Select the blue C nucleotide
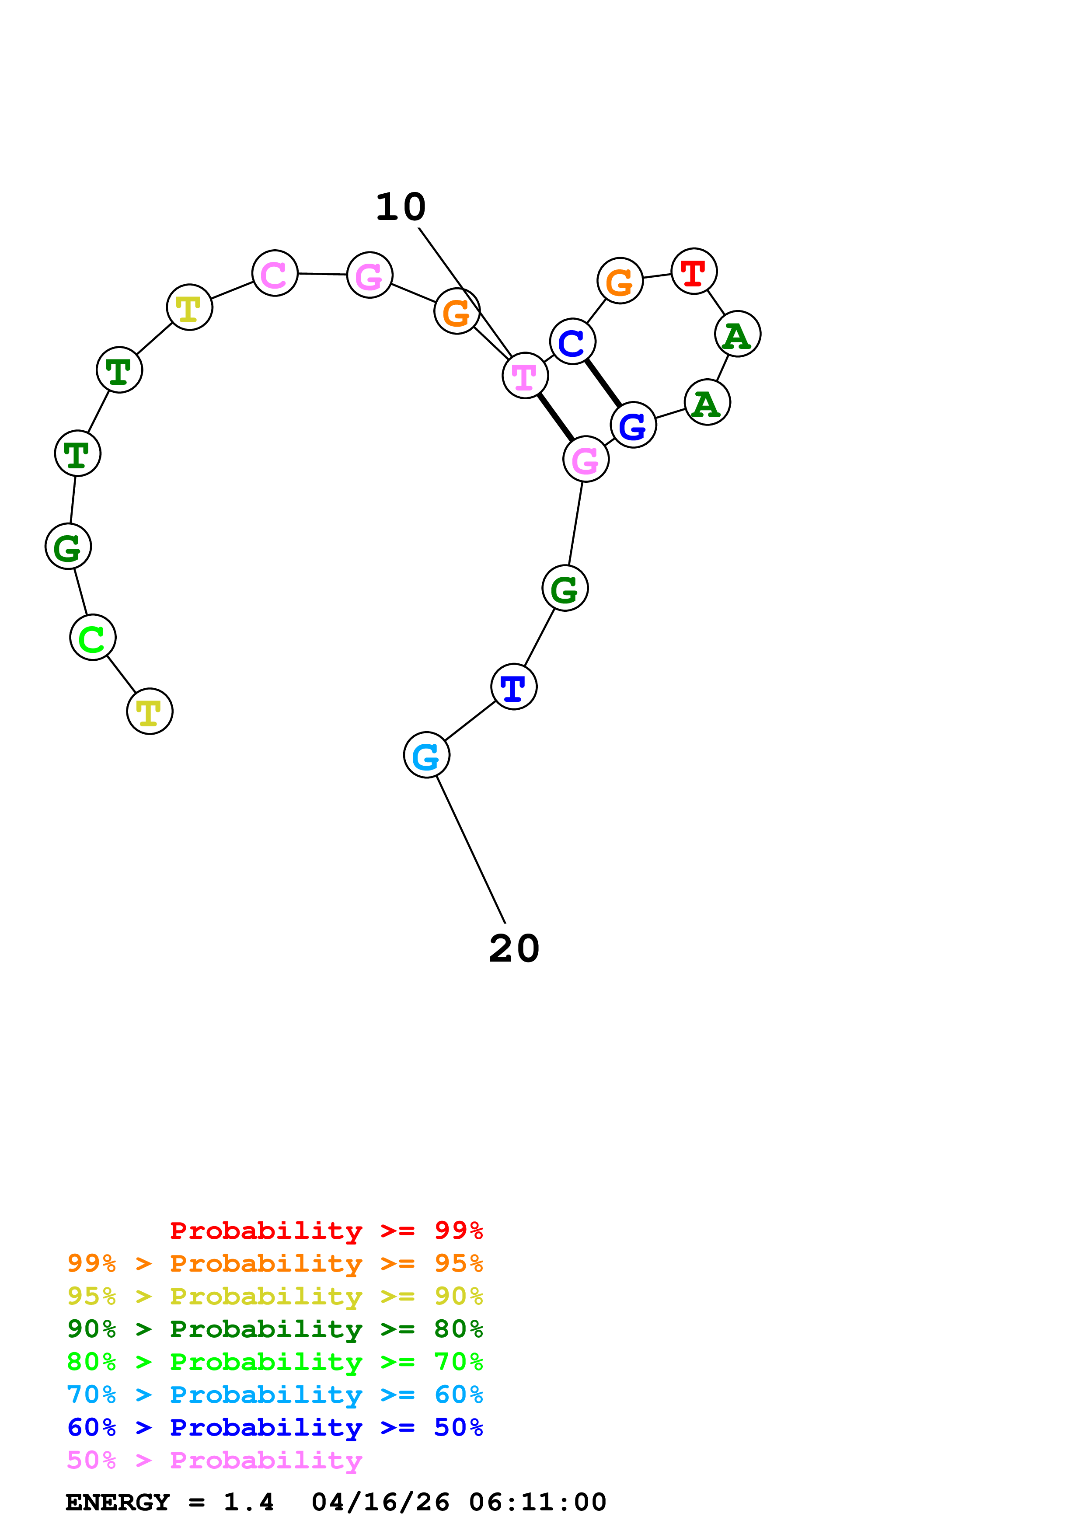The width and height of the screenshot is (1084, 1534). [572, 342]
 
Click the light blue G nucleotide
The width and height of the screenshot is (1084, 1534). [426, 755]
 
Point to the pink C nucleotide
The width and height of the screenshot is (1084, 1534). [275, 273]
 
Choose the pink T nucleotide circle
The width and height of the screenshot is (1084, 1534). [525, 376]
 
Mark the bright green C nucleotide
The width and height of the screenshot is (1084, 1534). [93, 638]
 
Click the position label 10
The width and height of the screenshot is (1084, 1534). [401, 207]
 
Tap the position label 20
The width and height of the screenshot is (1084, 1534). [514, 949]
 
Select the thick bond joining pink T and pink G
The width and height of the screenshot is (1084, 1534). [555, 417]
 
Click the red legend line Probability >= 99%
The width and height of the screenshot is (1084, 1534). [326, 1231]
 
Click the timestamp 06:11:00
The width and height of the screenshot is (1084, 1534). [538, 1503]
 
